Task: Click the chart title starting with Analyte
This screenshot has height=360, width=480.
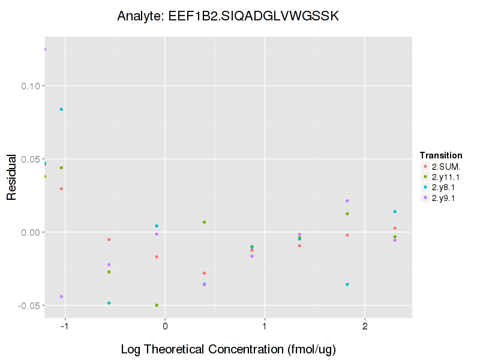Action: [x=228, y=16]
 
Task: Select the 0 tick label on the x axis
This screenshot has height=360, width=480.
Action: [x=165, y=327]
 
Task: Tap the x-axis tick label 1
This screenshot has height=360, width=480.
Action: [x=265, y=327]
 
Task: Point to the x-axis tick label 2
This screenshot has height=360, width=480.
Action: [x=365, y=327]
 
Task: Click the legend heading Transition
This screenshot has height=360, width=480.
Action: [x=440, y=155]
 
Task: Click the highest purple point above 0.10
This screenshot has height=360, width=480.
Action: [x=44, y=49]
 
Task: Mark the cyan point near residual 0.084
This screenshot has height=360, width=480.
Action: [x=61, y=109]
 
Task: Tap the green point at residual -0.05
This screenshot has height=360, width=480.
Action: [x=157, y=305]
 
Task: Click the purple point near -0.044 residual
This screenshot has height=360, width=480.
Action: [x=61, y=296]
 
